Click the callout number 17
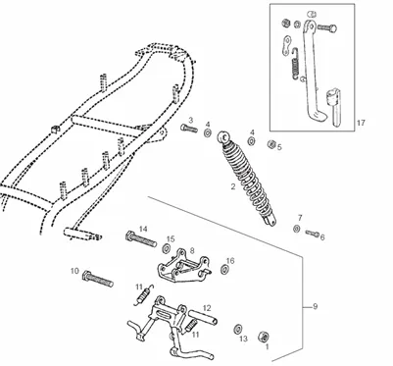(x=361, y=123)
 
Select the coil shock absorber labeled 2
(x=247, y=179)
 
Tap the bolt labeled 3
(x=189, y=128)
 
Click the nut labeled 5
(x=270, y=144)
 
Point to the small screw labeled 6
(x=313, y=234)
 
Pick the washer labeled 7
(x=297, y=229)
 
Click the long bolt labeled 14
(x=141, y=239)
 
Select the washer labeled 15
(x=166, y=249)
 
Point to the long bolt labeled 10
(x=98, y=280)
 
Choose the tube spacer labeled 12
(x=203, y=318)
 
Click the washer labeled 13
(x=238, y=329)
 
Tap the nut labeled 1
(x=264, y=337)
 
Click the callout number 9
(x=315, y=306)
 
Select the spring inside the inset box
(x=295, y=63)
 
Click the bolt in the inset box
(x=326, y=28)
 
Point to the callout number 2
(x=233, y=186)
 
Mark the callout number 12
(x=207, y=308)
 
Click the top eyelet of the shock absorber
(x=224, y=136)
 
